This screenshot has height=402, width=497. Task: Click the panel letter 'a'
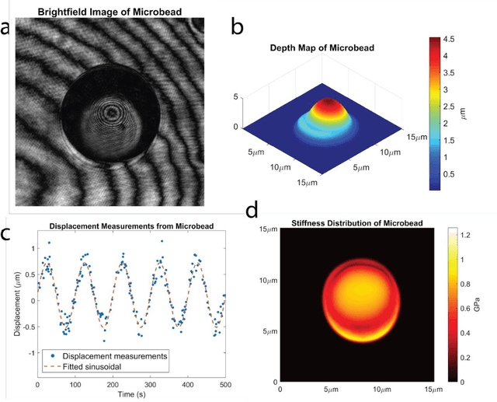(x=6, y=30)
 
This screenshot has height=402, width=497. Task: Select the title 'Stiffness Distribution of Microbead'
(x=368, y=224)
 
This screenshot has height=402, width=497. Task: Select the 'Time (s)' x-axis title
(x=131, y=396)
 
